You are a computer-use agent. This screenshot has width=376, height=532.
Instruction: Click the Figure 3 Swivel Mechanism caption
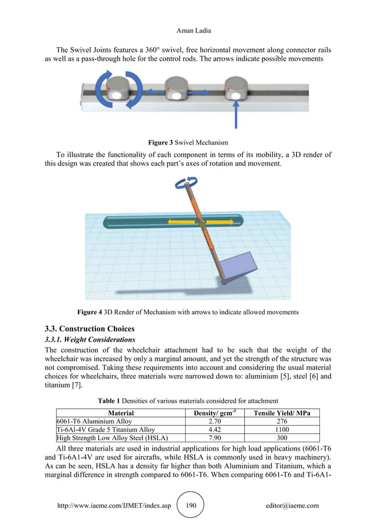point(188,142)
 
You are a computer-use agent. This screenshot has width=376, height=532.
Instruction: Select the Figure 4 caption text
point(188,311)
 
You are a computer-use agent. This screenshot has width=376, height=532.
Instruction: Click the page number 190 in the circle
point(190,505)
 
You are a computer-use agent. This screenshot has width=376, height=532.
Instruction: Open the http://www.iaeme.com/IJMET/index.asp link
point(113,506)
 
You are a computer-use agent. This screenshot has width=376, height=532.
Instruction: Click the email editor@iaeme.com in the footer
point(292,506)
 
